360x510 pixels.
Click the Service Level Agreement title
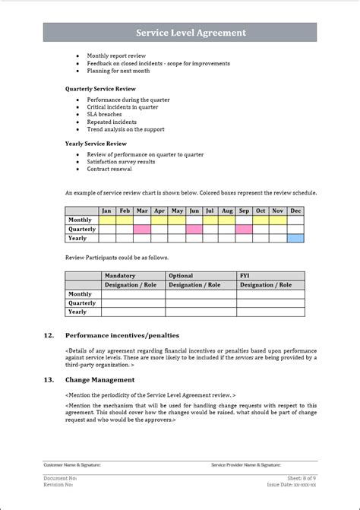[x=191, y=33]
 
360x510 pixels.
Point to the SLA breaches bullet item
[x=103, y=114]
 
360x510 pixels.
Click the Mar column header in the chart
[x=142, y=211]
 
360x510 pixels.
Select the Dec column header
[x=295, y=211]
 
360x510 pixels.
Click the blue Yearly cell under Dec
[x=295, y=238]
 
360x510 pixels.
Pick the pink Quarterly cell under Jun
[x=194, y=229]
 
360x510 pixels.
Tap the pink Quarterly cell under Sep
[x=244, y=229]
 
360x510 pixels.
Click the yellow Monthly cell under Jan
[x=107, y=220]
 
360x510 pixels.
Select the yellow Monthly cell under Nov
[x=277, y=220]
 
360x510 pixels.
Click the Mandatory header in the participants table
[x=121, y=276]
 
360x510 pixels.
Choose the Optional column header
[x=181, y=276]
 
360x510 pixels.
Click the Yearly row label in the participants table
[x=77, y=312]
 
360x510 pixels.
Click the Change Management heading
[x=99, y=379]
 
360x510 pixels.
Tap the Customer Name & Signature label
[x=72, y=464]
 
